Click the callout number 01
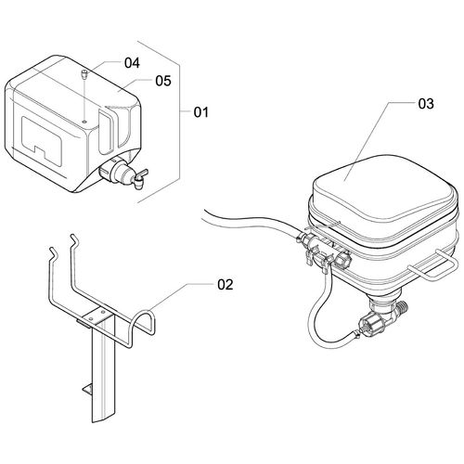(x=201, y=112)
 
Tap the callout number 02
(x=226, y=285)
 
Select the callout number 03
(x=426, y=104)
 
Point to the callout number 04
(x=132, y=63)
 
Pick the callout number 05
(x=163, y=81)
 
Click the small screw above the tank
(x=84, y=74)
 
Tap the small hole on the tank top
(x=84, y=122)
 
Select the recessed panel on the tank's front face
(x=42, y=139)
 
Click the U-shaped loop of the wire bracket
(x=143, y=325)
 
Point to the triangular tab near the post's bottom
(x=86, y=389)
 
